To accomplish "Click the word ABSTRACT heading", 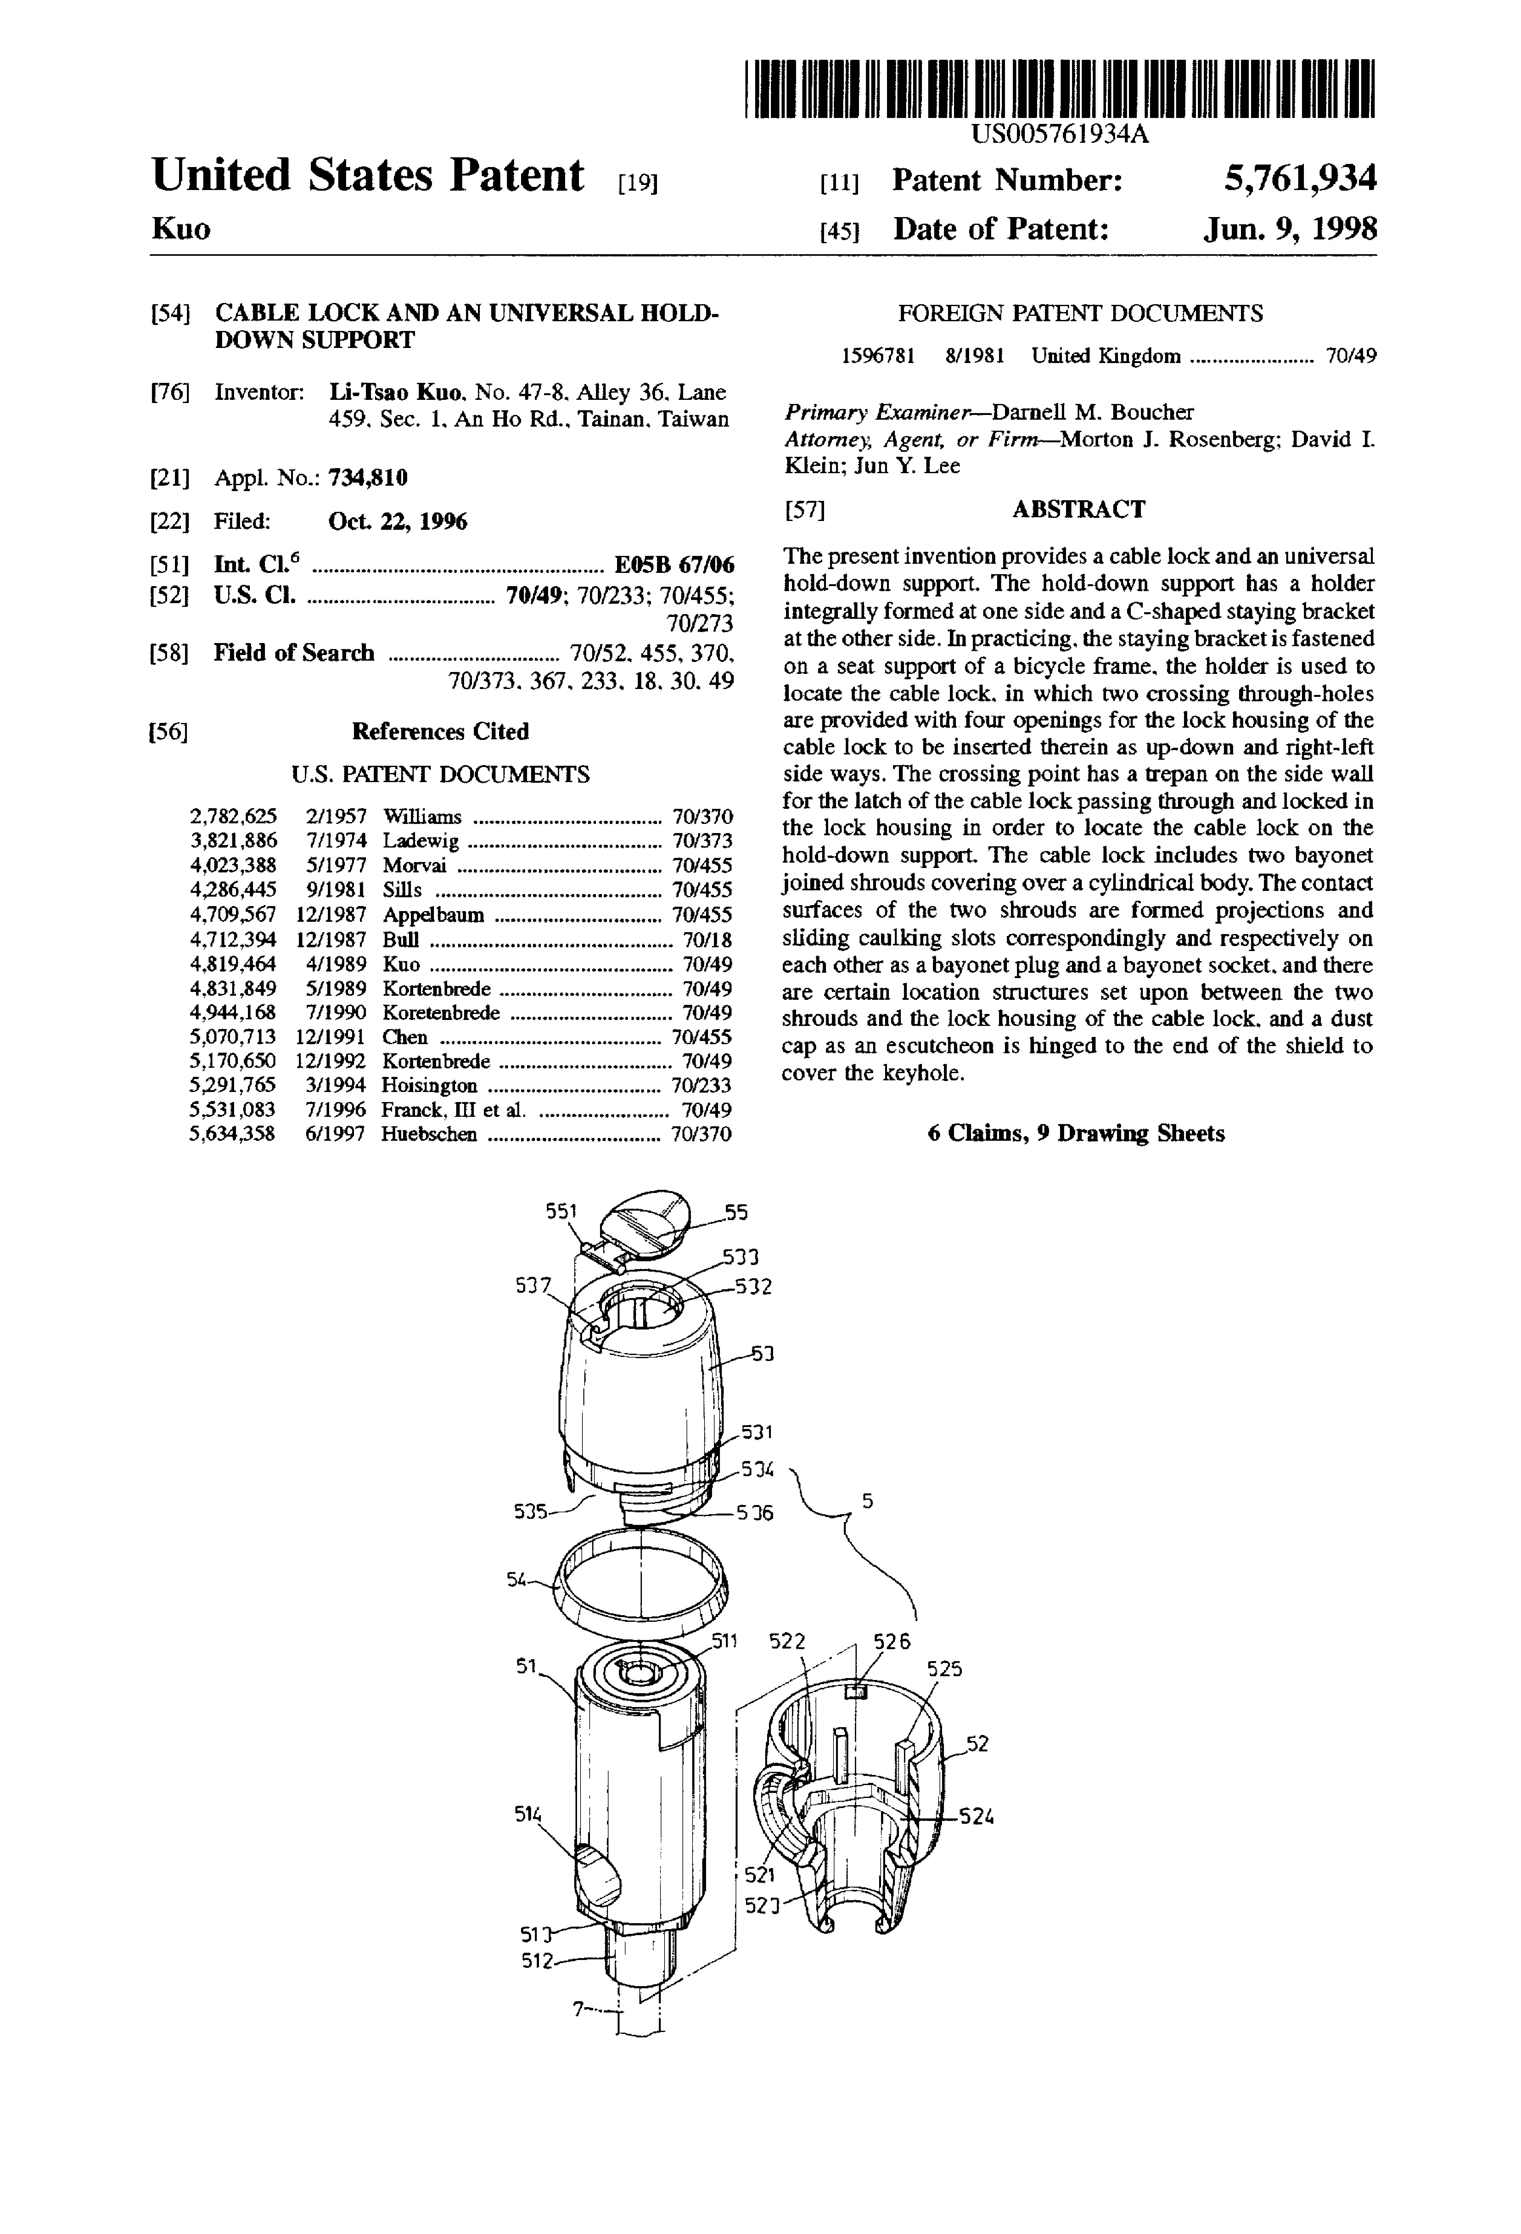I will [1078, 509].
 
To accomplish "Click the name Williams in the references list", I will [422, 817].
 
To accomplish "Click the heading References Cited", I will [440, 731].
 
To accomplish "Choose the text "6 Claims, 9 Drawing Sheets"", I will [1076, 1133].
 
